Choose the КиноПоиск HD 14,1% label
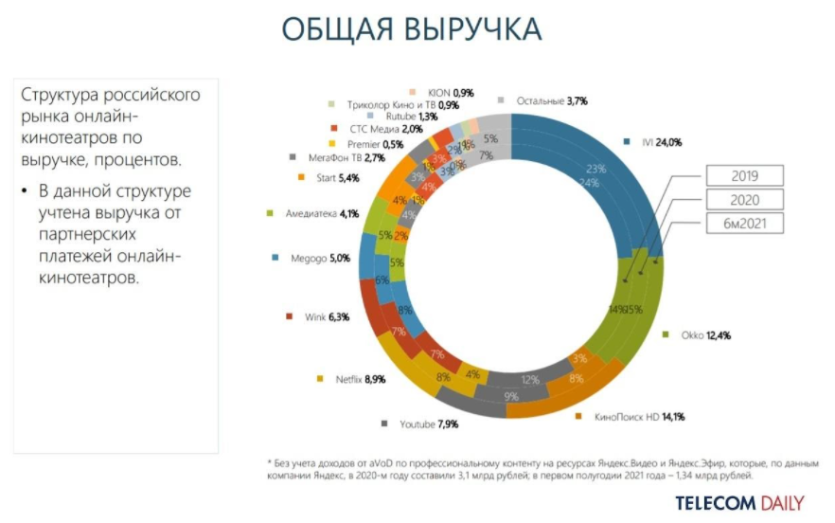pos(635,415)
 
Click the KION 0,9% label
pos(450,92)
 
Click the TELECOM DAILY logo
pos(739,502)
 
